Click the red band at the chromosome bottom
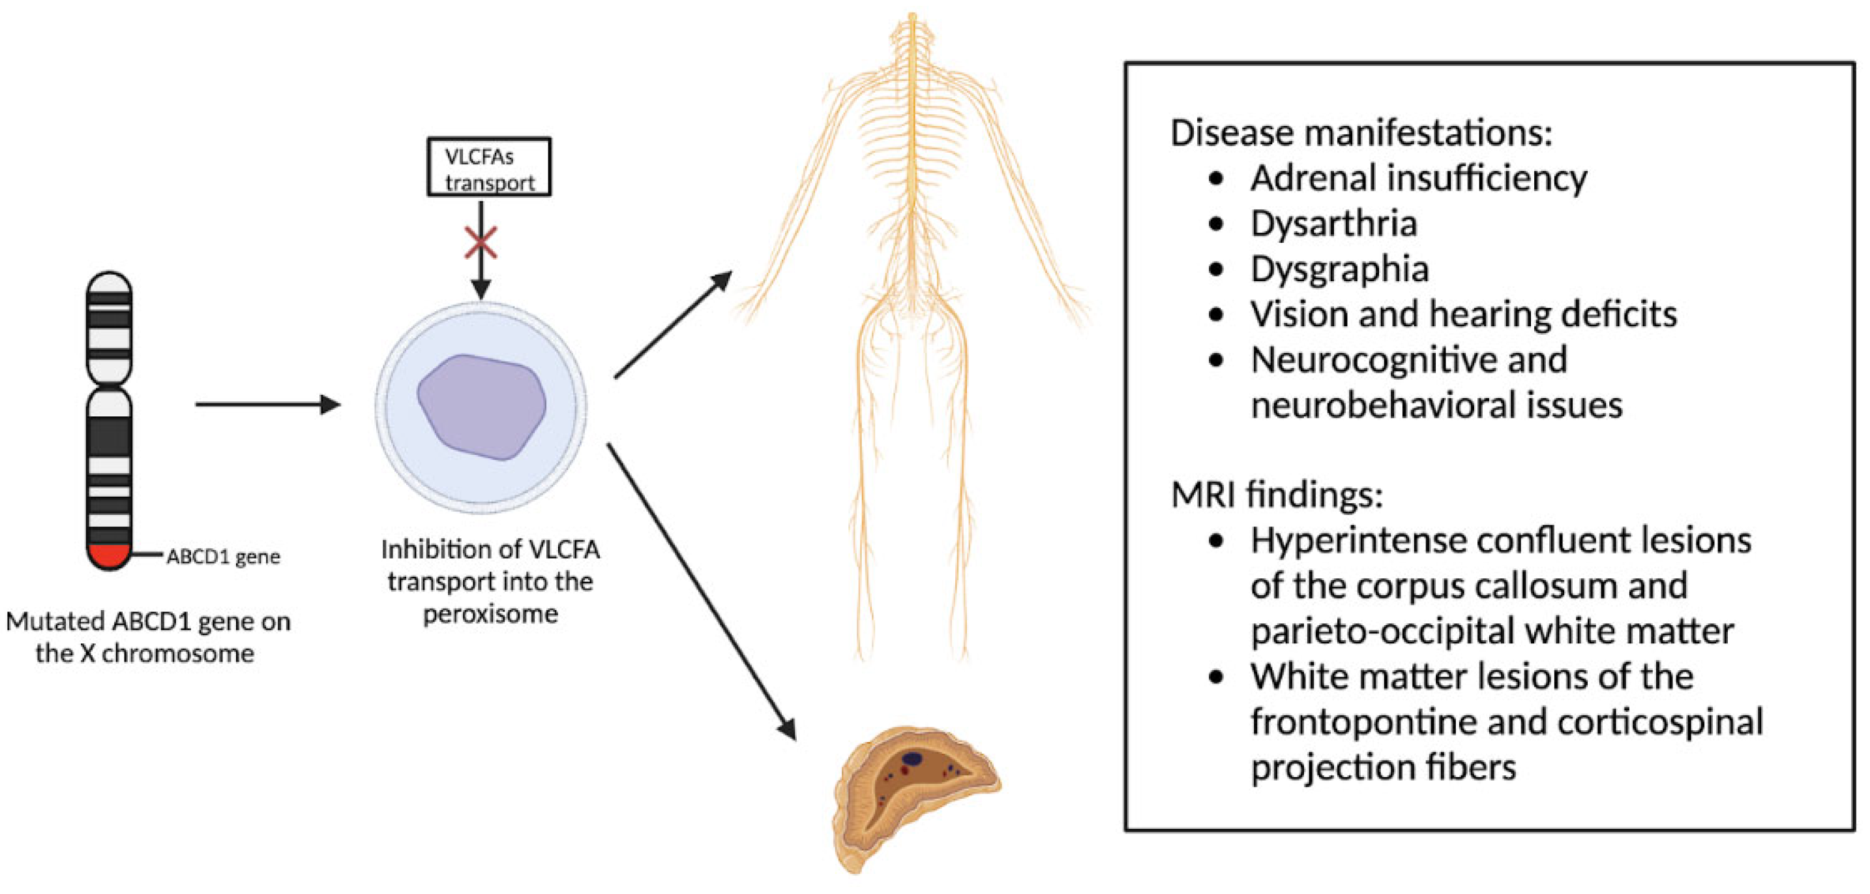pyautogui.click(x=109, y=555)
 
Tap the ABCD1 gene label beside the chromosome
pyautogui.click(x=223, y=557)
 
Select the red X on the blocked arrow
pyautogui.click(x=481, y=243)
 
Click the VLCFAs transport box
pyautogui.click(x=488, y=168)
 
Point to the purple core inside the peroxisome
pyautogui.click(x=481, y=406)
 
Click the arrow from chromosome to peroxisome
pyautogui.click(x=267, y=405)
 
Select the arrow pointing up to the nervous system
pyautogui.click(x=672, y=324)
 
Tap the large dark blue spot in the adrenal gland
pyautogui.click(x=912, y=759)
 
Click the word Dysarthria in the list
pyautogui.click(x=1333, y=224)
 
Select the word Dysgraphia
pyautogui.click(x=1339, y=270)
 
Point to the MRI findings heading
pyautogui.click(x=1277, y=495)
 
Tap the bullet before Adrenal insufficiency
pyautogui.click(x=1217, y=179)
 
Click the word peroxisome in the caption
pyautogui.click(x=491, y=615)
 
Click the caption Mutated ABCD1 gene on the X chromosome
pyautogui.click(x=147, y=637)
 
